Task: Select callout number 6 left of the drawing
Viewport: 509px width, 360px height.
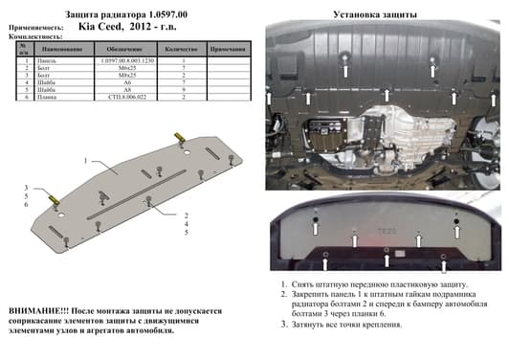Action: (x=27, y=205)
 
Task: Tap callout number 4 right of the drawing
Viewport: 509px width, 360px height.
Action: (x=187, y=223)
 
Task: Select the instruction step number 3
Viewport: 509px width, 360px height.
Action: (x=284, y=325)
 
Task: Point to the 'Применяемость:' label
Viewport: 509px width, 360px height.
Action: (x=36, y=28)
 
